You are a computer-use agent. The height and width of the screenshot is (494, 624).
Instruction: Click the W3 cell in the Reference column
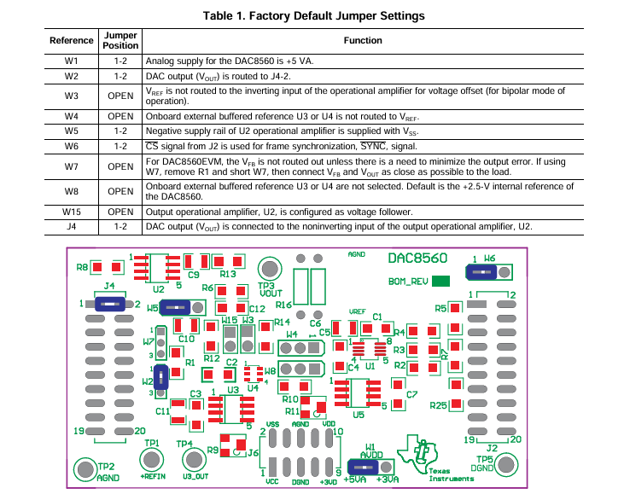[72, 95]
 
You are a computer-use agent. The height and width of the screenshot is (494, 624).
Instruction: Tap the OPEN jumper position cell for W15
[120, 211]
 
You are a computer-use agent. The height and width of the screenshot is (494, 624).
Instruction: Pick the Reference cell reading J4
[72, 226]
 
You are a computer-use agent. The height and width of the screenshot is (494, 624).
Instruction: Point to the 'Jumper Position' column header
[120, 40]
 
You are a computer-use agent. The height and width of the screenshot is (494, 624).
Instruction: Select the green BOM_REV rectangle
[441, 281]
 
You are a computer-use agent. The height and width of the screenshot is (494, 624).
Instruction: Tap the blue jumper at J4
[109, 303]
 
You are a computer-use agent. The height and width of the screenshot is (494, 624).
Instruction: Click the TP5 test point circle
[505, 463]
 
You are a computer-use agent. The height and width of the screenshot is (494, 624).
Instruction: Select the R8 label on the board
[83, 268]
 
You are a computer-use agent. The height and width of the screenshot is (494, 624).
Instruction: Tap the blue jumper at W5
[177, 307]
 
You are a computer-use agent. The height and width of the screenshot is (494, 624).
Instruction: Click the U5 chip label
[359, 415]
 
